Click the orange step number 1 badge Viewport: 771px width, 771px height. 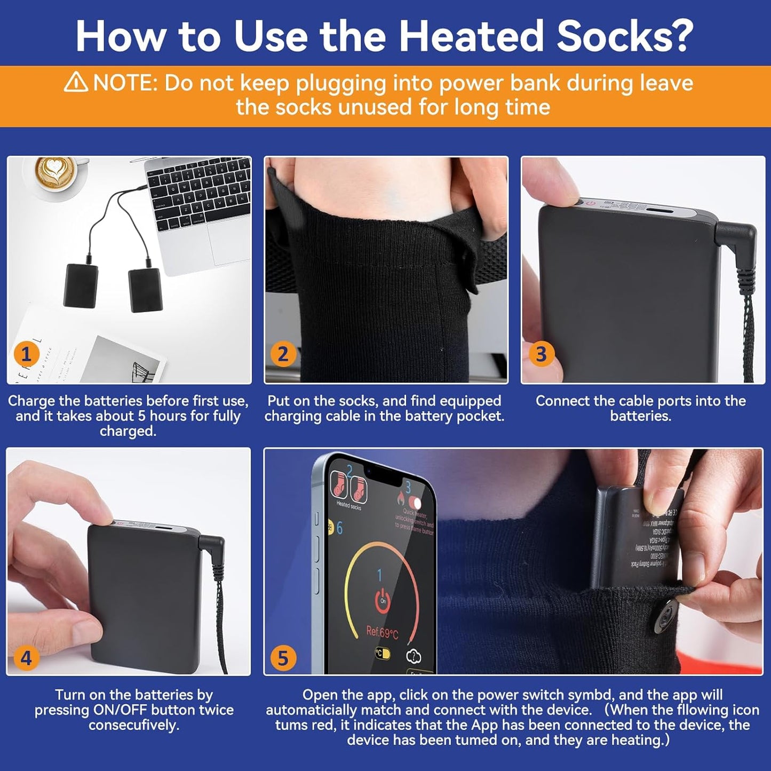(26, 354)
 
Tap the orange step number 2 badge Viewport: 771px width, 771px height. (283, 354)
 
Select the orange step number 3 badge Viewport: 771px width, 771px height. (541, 354)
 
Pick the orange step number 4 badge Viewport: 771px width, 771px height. (26, 658)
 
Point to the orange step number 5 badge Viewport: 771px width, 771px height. (283, 658)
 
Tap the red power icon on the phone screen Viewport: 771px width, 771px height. (382, 600)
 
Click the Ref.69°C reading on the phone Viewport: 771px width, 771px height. (382, 633)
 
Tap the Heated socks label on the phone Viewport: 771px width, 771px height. (348, 506)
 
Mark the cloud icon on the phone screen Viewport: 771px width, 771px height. (414, 656)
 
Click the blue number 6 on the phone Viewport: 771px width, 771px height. (339, 528)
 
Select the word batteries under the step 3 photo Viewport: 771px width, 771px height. (640, 416)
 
